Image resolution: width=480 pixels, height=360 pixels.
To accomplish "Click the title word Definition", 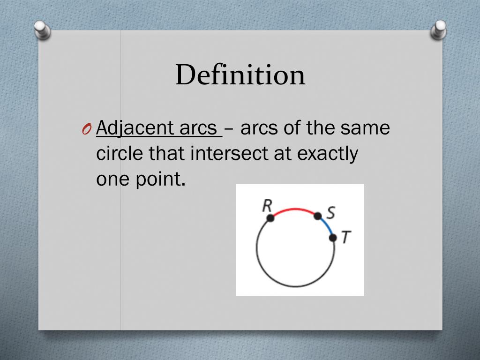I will coord(240,75).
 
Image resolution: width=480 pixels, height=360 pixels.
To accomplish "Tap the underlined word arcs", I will coord(197,128).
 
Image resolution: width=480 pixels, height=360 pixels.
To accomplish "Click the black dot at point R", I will coord(270,218).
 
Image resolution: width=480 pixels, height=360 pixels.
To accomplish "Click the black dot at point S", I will coord(317,216).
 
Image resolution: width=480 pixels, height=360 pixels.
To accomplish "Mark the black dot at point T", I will coord(333,238).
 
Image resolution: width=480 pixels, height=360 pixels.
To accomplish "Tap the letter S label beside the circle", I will coord(330,213).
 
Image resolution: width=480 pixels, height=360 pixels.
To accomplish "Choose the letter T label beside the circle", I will coord(345,238).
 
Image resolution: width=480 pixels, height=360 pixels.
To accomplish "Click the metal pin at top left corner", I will coord(43,31).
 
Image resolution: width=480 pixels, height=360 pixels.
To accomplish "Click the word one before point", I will coord(109,180).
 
